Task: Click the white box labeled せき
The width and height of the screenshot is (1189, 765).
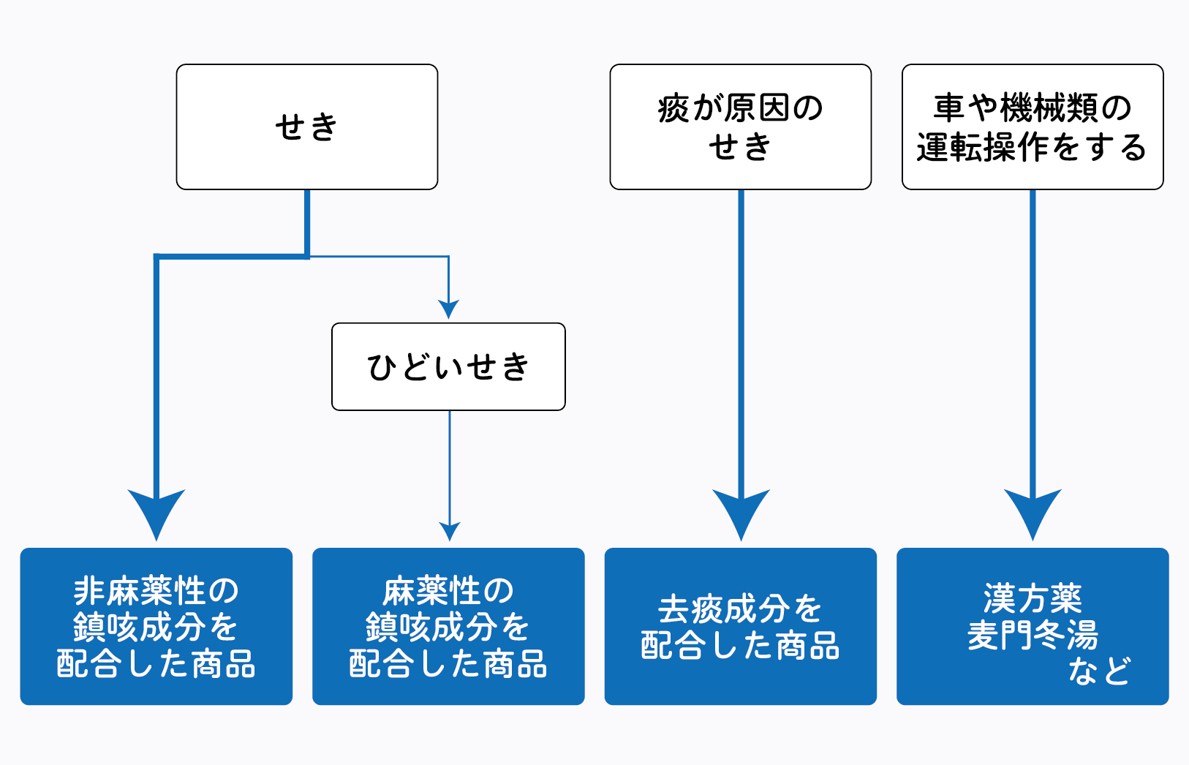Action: tap(306, 127)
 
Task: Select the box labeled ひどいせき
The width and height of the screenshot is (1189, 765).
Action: tap(448, 366)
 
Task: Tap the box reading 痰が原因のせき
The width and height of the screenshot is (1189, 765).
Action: tap(740, 127)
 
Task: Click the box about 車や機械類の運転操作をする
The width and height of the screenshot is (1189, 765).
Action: tap(1032, 127)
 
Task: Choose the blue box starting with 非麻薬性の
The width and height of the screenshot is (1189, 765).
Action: tap(156, 626)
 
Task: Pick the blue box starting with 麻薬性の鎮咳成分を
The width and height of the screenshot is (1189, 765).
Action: tap(448, 626)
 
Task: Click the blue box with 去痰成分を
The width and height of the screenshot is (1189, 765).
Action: tap(740, 626)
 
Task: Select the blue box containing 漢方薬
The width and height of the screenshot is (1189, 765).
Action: tap(1032, 626)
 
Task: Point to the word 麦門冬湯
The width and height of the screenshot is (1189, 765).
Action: tap(1032, 635)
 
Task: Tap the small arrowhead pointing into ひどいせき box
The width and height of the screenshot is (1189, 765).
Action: tap(448, 309)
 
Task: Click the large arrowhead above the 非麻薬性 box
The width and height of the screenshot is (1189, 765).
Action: tap(156, 512)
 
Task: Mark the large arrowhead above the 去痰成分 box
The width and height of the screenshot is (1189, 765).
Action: tap(741, 512)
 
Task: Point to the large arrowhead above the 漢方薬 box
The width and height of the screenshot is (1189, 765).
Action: tap(1033, 512)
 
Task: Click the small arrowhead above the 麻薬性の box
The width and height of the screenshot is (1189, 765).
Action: tap(450, 530)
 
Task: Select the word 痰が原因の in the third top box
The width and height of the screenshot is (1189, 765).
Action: tap(740, 108)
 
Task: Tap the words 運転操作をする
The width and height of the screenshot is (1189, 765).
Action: tap(1032, 147)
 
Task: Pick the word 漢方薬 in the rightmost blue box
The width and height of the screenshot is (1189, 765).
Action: tap(1032, 598)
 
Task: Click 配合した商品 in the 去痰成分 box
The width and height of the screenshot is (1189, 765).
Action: tap(740, 646)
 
